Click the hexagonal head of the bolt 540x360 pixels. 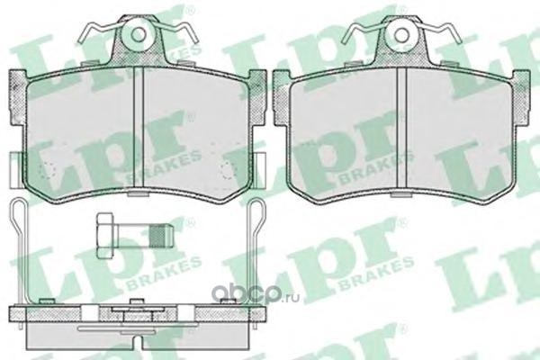pyautogui.click(x=104, y=236)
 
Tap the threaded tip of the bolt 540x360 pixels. pyautogui.click(x=161, y=236)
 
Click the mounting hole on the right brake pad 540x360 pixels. pyautogui.click(x=402, y=34)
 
